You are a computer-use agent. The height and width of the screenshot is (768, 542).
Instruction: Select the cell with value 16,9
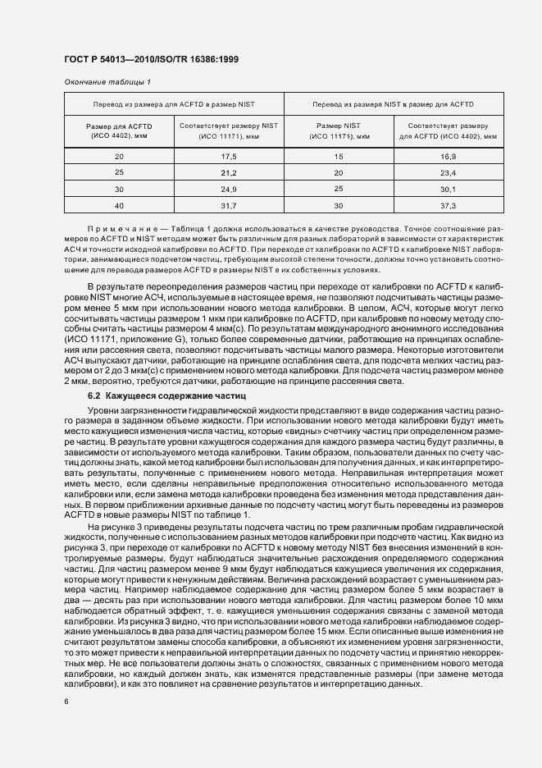[448, 156]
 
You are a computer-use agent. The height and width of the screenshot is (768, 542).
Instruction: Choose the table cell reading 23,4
[448, 173]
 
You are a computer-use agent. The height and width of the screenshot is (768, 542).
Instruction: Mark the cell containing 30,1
[448, 190]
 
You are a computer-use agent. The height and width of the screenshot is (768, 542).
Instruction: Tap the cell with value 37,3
[448, 206]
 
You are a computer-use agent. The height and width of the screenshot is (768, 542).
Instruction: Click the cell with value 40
[119, 206]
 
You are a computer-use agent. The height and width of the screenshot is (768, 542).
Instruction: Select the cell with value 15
[339, 156]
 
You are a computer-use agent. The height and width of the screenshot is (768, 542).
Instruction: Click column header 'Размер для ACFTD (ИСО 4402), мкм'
[119, 130]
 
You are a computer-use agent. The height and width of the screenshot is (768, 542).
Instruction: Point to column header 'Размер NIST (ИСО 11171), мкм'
[339, 130]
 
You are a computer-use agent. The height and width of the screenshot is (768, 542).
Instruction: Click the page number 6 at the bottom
[66, 702]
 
